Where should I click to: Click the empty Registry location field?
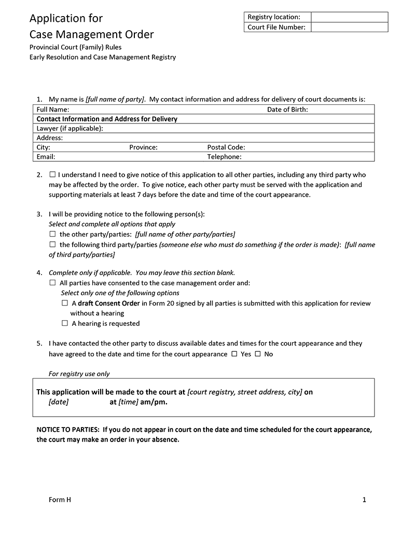coord(349,17)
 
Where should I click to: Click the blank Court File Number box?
coord(349,27)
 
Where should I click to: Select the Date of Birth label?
coord(287,109)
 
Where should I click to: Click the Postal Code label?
coord(226,147)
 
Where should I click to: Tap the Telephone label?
coord(225,157)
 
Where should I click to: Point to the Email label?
coord(46,157)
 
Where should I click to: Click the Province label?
coord(143,147)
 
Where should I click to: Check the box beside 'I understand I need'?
coord(52,175)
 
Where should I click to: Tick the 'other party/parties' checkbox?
coord(52,235)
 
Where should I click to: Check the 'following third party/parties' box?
coord(52,244)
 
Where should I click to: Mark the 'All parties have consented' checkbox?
coord(52,283)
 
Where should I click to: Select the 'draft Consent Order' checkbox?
coord(65,303)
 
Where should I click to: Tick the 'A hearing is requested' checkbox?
coord(65,323)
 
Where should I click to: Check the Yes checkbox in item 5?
coord(234,354)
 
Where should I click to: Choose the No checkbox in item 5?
coord(258,354)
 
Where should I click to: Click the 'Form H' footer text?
coord(60,500)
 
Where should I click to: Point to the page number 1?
coord(364,500)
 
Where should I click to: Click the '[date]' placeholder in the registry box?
coord(59,402)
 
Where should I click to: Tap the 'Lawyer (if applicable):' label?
coord(70,128)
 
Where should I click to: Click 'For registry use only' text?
coord(79,374)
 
